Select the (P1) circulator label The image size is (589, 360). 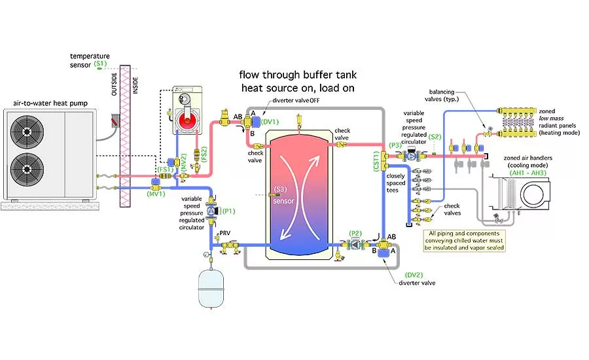229,211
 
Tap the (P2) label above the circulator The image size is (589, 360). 355,233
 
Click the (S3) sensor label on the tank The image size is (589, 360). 281,190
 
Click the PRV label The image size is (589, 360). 225,233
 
